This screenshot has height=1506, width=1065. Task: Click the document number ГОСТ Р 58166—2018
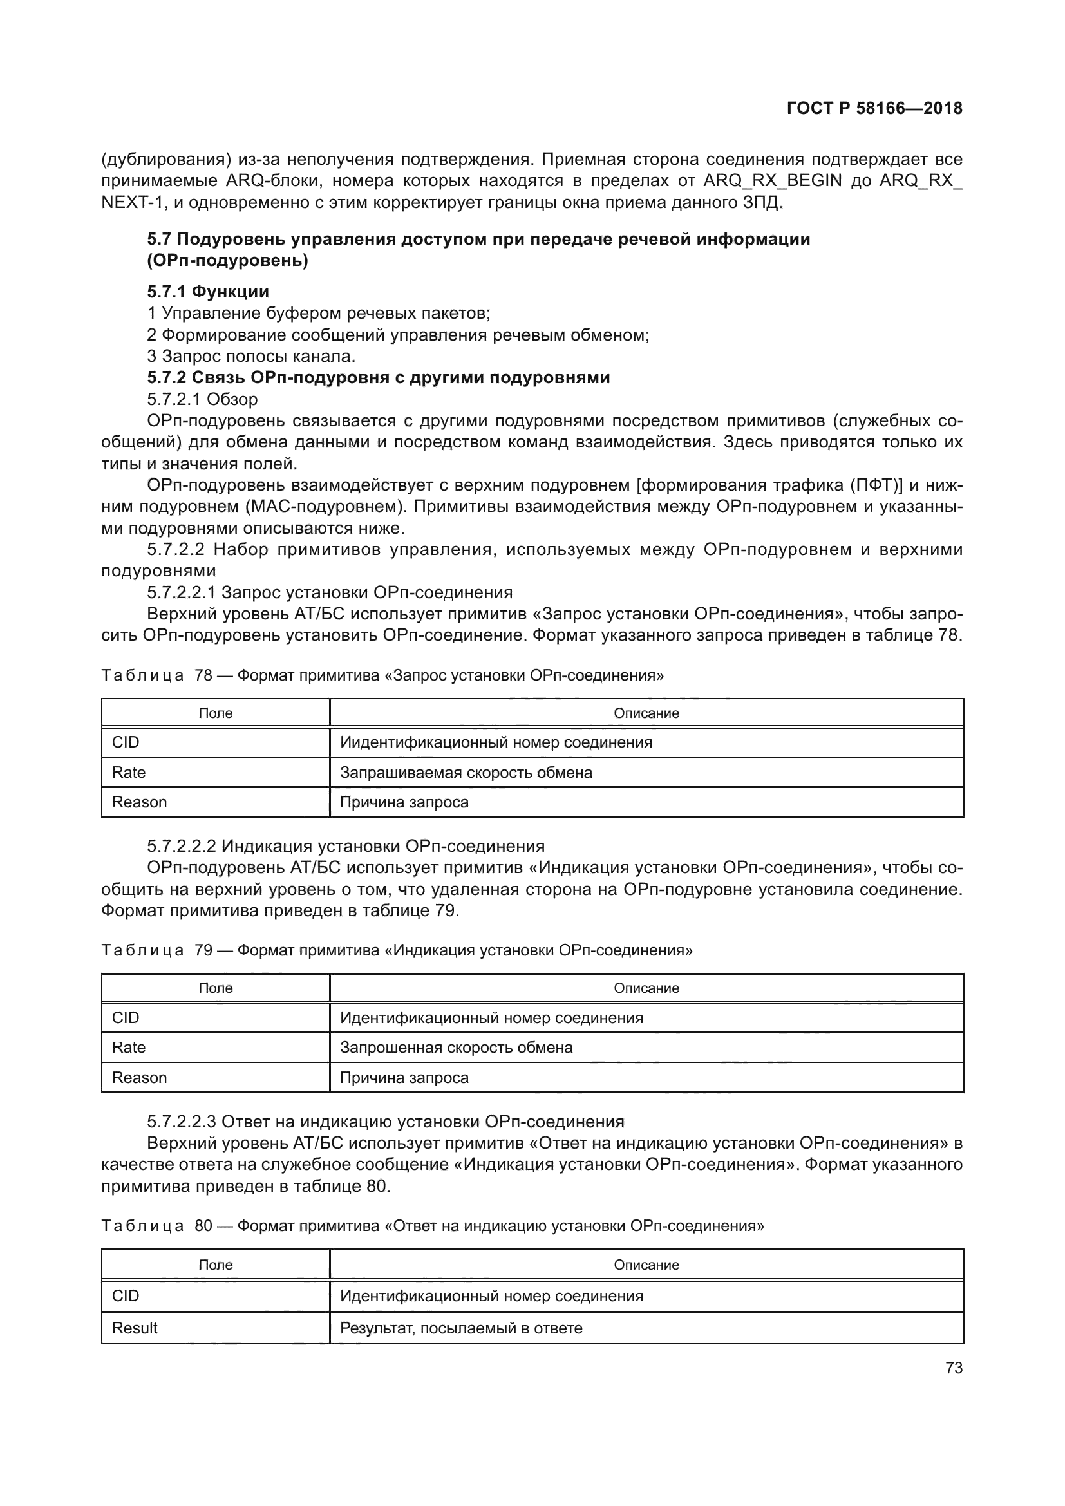874,108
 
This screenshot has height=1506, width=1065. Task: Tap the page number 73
954,1368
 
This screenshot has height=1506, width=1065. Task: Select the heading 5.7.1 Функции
208,291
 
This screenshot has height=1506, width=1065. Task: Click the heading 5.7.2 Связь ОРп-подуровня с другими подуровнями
379,377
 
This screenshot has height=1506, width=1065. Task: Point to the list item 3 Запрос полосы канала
251,356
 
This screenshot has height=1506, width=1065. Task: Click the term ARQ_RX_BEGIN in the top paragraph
772,180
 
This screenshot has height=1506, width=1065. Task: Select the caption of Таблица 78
382,675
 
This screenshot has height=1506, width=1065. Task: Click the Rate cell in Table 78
129,772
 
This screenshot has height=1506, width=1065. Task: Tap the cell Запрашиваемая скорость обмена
466,772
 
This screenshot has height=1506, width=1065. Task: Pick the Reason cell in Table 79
139,1077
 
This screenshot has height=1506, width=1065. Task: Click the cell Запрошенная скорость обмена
456,1047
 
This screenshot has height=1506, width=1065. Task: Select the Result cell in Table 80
135,1328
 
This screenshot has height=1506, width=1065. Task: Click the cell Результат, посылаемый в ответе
461,1328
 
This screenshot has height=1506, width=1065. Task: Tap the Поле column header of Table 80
215,1265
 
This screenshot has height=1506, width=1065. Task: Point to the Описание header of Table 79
646,988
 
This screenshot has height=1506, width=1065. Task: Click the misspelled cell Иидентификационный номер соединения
496,742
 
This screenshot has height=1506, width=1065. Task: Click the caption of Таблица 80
433,1225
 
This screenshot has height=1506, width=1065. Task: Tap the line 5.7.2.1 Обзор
202,399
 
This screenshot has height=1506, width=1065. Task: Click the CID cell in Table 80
126,1295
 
